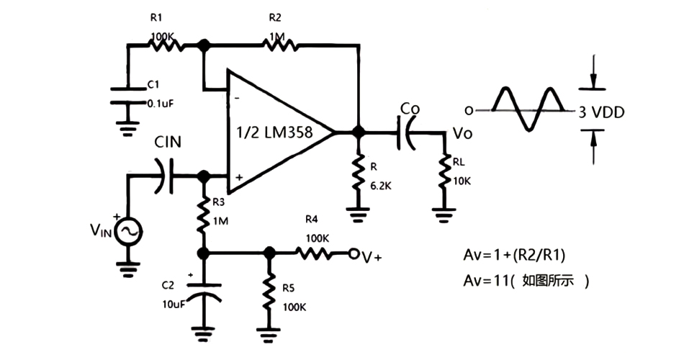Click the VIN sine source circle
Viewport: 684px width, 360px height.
click(x=128, y=231)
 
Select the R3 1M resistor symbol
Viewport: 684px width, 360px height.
click(x=204, y=212)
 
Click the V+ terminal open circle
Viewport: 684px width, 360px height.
click(x=354, y=253)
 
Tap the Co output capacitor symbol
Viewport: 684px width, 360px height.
click(x=408, y=133)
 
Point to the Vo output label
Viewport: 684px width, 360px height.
click(x=461, y=132)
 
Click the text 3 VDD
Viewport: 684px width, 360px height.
click(x=601, y=112)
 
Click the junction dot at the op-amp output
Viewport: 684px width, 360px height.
click(x=356, y=133)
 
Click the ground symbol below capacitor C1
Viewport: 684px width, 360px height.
click(x=128, y=128)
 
